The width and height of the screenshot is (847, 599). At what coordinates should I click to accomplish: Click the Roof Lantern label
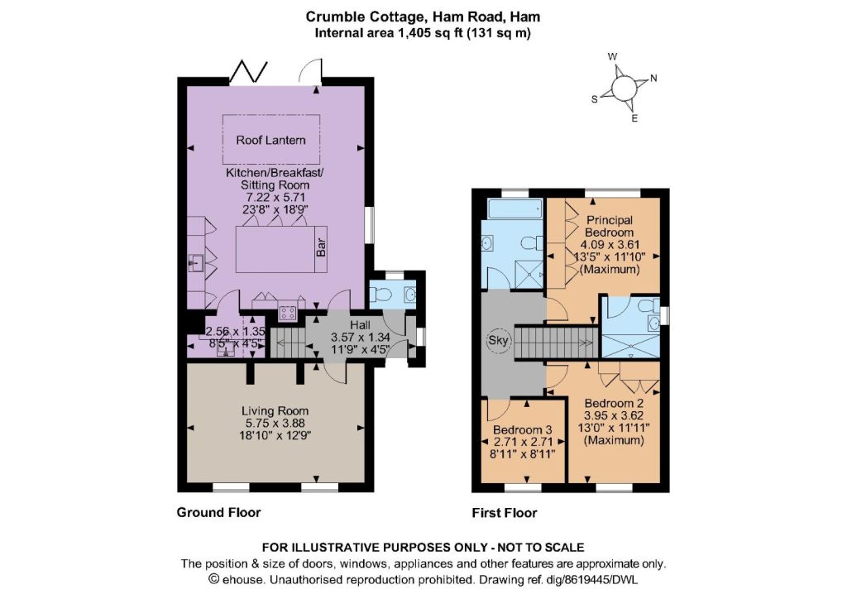(x=270, y=141)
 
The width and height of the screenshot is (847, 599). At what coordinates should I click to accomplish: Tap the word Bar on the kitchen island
(x=321, y=248)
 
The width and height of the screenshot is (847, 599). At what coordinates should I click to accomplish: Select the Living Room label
(x=275, y=411)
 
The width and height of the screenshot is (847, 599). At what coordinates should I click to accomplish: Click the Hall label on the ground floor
(x=360, y=325)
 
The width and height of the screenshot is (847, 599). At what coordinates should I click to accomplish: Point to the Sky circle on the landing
(x=498, y=341)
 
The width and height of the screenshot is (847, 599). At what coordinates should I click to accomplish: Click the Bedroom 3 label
(x=523, y=430)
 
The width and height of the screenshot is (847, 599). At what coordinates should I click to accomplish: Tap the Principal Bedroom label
(x=610, y=227)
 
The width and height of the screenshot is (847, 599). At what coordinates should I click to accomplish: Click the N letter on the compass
(x=653, y=79)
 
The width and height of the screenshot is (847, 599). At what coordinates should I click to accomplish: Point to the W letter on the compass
(x=613, y=56)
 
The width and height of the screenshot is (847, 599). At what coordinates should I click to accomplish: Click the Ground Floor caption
(x=218, y=513)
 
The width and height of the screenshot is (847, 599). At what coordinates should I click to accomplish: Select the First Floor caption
(x=505, y=513)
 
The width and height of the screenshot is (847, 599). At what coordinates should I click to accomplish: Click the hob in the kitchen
(x=287, y=313)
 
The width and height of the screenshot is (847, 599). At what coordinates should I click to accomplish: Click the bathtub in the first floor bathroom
(x=514, y=208)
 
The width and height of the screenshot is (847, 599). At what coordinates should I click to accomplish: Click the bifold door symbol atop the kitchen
(x=249, y=70)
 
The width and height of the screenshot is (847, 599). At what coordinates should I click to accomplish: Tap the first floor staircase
(x=555, y=342)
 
